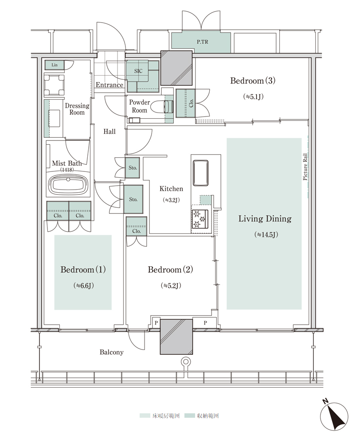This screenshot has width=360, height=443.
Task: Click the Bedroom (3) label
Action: tap(253, 81)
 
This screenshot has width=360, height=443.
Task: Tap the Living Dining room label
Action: tap(265, 219)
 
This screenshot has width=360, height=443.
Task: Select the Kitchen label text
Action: tap(171, 189)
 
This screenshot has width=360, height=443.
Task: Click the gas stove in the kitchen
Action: tap(200, 219)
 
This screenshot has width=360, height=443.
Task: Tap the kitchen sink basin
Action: tap(201, 173)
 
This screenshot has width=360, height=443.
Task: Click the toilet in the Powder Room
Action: tap(162, 107)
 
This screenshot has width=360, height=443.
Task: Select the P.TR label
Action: tap(203, 42)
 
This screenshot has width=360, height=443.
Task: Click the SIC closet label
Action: tap(138, 71)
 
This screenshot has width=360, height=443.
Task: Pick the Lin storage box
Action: tap(54, 65)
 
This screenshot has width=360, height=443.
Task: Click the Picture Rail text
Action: tap(305, 167)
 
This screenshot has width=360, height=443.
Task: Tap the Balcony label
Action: tap(111, 352)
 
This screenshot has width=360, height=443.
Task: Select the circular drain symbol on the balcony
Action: tap(185, 361)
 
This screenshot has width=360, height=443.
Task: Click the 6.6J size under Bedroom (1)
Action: tap(83, 286)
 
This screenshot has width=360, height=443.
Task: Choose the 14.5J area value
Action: tap(266, 234)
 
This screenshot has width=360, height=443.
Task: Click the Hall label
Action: tap(110, 132)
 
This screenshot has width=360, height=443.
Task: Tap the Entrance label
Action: tap(110, 85)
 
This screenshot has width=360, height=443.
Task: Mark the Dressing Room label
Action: tap(77, 109)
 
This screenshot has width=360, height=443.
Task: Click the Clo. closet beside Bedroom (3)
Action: tap(185, 103)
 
